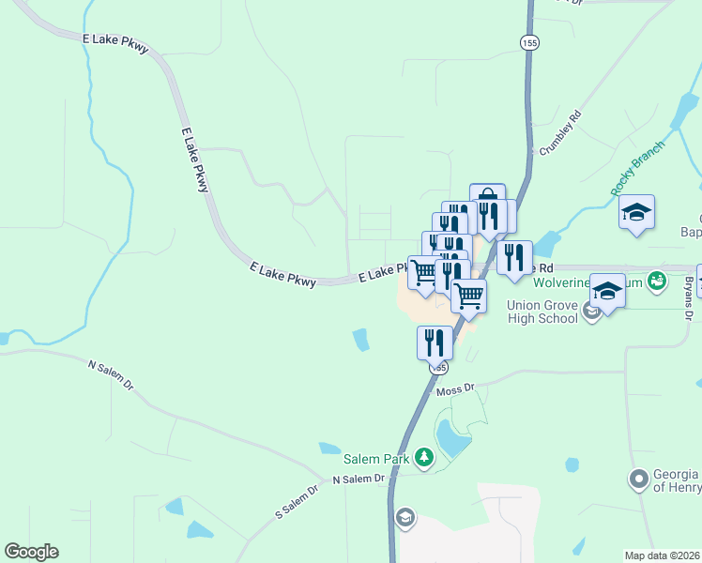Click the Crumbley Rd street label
[x=561, y=133]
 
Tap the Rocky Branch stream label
[x=637, y=168]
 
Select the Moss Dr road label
[x=456, y=388]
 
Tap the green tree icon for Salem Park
[x=425, y=457]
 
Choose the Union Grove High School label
[x=542, y=312]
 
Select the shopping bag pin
[x=487, y=200]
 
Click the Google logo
[x=31, y=552]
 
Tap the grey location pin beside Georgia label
[x=639, y=479]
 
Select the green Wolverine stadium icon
[x=657, y=280]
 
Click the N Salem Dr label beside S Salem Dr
[x=359, y=479]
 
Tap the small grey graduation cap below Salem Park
[x=404, y=516]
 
